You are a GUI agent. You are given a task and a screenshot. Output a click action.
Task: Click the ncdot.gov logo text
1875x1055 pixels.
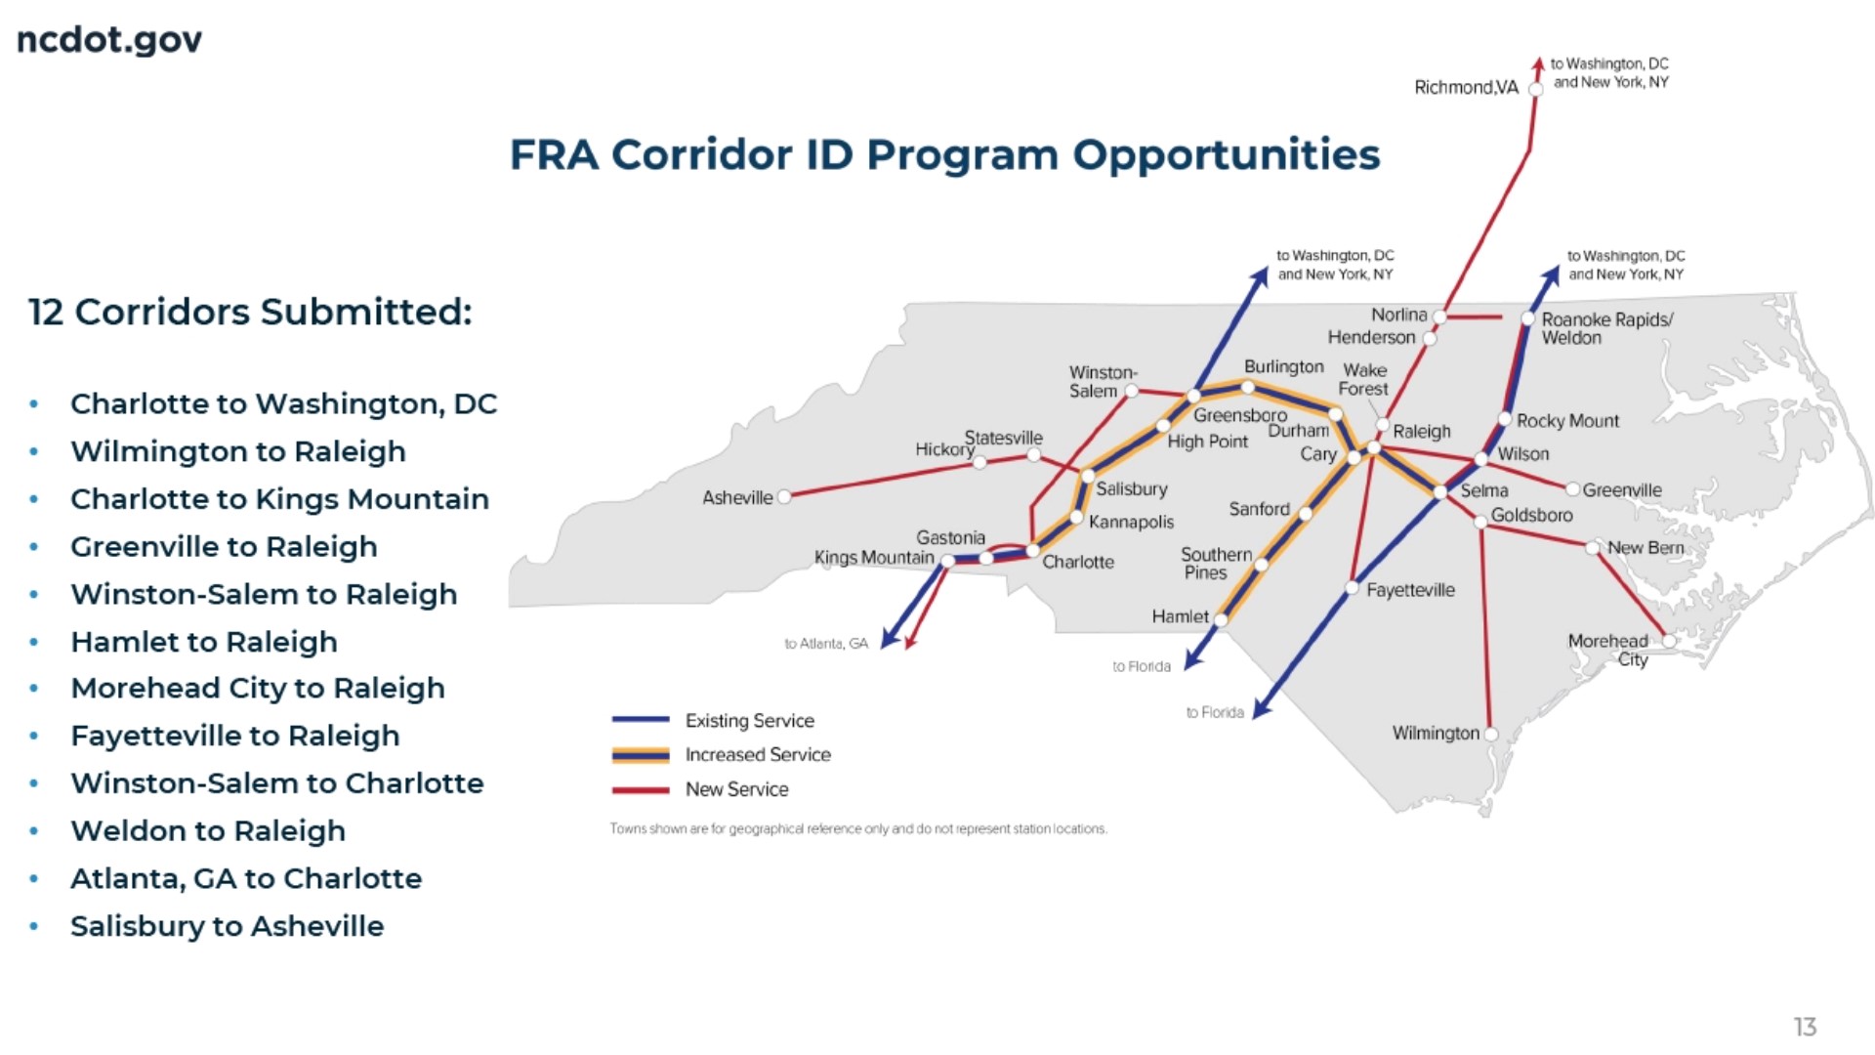109,40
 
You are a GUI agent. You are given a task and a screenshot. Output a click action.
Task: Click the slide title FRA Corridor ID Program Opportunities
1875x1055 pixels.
944,154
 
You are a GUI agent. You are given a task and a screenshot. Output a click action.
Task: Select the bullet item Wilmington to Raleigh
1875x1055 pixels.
238,451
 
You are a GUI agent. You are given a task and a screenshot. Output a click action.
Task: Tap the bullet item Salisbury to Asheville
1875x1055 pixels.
227,926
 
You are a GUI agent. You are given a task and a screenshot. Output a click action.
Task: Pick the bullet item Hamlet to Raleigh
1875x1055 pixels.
204,642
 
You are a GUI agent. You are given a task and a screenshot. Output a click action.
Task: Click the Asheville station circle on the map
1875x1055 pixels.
784,497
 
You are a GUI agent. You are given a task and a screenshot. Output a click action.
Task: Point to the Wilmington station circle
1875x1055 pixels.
1491,734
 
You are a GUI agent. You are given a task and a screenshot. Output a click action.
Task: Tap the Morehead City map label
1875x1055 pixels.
1608,650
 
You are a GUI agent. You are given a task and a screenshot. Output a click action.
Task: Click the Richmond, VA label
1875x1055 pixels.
1466,88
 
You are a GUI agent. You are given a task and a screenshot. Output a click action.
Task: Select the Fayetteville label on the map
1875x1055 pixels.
1410,590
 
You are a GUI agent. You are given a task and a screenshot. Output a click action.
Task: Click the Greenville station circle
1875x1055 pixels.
1572,489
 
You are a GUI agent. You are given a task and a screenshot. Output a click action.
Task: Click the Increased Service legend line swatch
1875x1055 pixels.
641,755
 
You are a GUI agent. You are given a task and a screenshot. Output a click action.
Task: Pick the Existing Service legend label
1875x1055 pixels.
749,721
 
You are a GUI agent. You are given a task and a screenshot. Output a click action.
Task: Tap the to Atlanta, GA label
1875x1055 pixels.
826,644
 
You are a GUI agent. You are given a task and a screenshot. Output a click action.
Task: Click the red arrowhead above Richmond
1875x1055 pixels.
1538,63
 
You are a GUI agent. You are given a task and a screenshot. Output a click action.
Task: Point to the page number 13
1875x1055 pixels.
1804,1027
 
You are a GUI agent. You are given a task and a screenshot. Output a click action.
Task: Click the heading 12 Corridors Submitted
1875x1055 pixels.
250,313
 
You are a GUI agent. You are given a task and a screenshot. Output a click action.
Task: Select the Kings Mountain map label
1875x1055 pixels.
874,558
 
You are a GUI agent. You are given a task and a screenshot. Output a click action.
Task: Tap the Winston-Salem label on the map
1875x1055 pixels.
1103,382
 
